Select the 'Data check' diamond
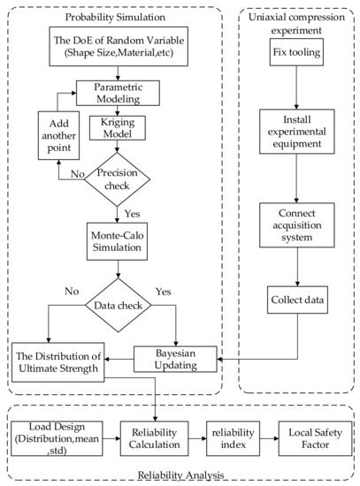pos(119,306)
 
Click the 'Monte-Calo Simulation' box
pos(119,241)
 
